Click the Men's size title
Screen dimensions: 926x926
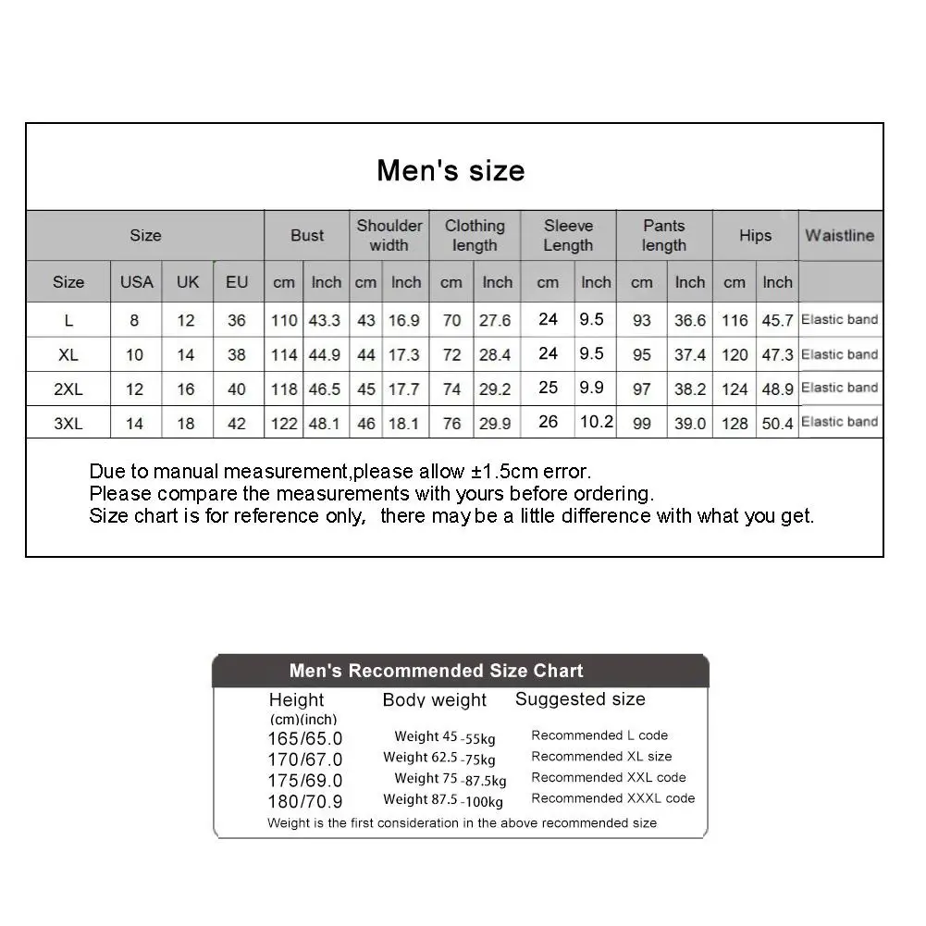451,170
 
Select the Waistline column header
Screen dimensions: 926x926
839,235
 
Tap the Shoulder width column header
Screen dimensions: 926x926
389,235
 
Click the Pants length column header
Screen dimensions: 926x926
664,235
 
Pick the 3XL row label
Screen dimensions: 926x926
68,423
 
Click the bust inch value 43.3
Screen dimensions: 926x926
325,320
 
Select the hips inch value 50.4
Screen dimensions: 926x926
777,424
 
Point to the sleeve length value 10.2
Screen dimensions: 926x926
596,422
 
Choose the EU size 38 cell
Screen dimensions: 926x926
237,354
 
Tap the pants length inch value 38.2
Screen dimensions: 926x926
690,389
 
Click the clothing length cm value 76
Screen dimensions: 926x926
451,424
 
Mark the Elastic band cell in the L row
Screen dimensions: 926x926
839,320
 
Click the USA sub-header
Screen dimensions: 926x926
136,282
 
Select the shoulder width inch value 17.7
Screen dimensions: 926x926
404,389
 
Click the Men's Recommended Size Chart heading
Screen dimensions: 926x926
436,671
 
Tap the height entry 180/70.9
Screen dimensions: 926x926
305,801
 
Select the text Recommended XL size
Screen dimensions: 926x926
601,756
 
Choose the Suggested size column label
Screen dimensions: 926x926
580,699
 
